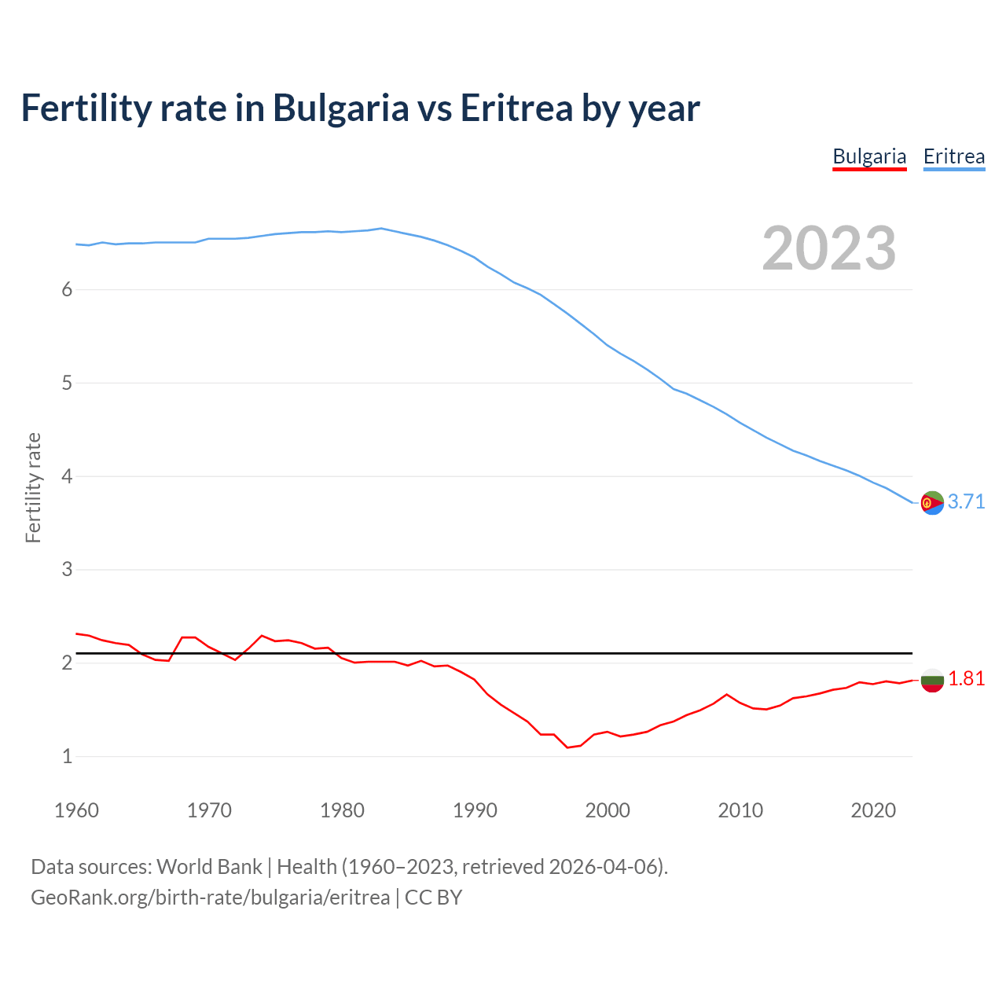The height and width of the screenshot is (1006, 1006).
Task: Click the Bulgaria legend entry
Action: point(869,156)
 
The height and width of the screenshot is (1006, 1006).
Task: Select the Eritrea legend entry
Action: point(953,156)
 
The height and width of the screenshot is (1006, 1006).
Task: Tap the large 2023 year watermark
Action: point(829,248)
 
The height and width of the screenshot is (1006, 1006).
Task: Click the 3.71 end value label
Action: point(966,501)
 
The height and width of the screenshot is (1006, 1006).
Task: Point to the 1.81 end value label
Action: point(966,678)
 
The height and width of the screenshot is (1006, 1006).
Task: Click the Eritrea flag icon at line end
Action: point(932,502)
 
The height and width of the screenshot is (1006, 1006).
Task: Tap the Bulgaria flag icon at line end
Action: point(932,680)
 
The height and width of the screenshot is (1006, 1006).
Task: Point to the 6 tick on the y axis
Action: point(67,289)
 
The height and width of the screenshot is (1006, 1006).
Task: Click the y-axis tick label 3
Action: point(67,569)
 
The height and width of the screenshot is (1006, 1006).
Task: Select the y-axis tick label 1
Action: point(67,756)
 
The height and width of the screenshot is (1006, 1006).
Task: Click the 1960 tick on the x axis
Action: point(76,810)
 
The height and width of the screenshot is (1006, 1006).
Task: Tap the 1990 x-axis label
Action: point(475,810)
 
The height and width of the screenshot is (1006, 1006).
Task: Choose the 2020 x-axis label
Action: point(873,810)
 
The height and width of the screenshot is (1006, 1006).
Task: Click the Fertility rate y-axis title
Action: point(33,487)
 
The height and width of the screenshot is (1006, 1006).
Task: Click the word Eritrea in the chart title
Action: point(516,108)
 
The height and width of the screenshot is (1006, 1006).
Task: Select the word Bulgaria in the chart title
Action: point(340,108)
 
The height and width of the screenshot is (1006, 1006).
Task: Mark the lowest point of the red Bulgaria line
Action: point(567,747)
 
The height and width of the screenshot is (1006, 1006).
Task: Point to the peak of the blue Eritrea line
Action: point(381,229)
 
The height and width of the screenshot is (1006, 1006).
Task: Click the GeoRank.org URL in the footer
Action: point(210,897)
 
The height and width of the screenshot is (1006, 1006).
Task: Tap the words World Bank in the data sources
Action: point(209,867)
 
